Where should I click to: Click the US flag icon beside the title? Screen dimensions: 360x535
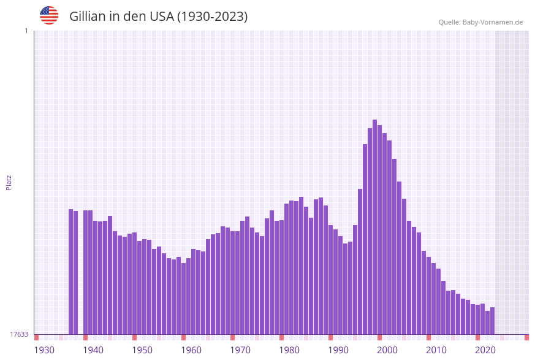(49, 15)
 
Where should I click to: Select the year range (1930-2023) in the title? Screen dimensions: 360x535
(212, 17)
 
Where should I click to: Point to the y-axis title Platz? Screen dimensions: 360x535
(9, 183)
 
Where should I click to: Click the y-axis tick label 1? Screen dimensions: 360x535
(26, 31)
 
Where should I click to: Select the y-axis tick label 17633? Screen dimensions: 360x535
(18, 334)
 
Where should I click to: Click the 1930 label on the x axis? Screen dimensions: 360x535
(44, 350)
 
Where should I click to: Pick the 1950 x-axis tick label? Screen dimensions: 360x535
(142, 350)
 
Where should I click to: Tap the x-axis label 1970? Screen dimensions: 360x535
(240, 350)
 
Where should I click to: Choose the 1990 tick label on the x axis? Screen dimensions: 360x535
(338, 350)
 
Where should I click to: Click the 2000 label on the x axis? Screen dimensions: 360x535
(387, 350)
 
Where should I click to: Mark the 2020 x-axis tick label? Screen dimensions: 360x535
(485, 350)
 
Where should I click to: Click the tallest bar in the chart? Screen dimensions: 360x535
(375, 227)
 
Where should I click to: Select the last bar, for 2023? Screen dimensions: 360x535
(492, 321)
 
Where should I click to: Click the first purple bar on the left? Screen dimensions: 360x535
(71, 272)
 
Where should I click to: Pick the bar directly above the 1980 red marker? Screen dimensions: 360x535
(282, 277)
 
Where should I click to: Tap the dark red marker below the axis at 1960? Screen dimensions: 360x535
(184, 337)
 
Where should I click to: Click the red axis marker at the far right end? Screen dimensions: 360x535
(526, 337)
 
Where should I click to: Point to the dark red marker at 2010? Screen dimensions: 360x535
(429, 337)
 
